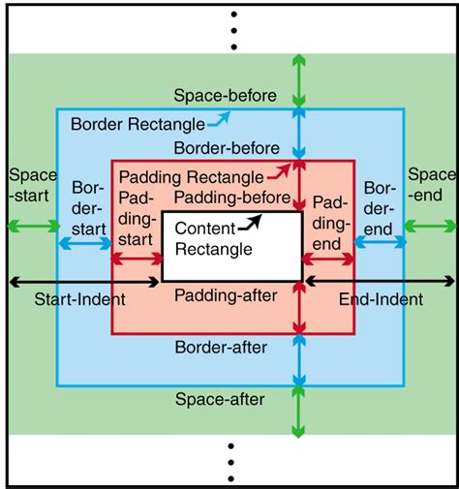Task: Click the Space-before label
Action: coord(225,96)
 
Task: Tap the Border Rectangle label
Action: coord(138,125)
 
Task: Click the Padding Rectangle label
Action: coord(191,178)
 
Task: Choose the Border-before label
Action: coord(228,148)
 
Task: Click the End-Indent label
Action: coord(381,299)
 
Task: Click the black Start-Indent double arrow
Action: coord(84,281)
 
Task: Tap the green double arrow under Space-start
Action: coord(31,227)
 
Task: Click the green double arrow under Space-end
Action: coord(427,227)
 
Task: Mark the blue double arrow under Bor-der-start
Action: coord(85,244)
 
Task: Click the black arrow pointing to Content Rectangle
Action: coord(253,223)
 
